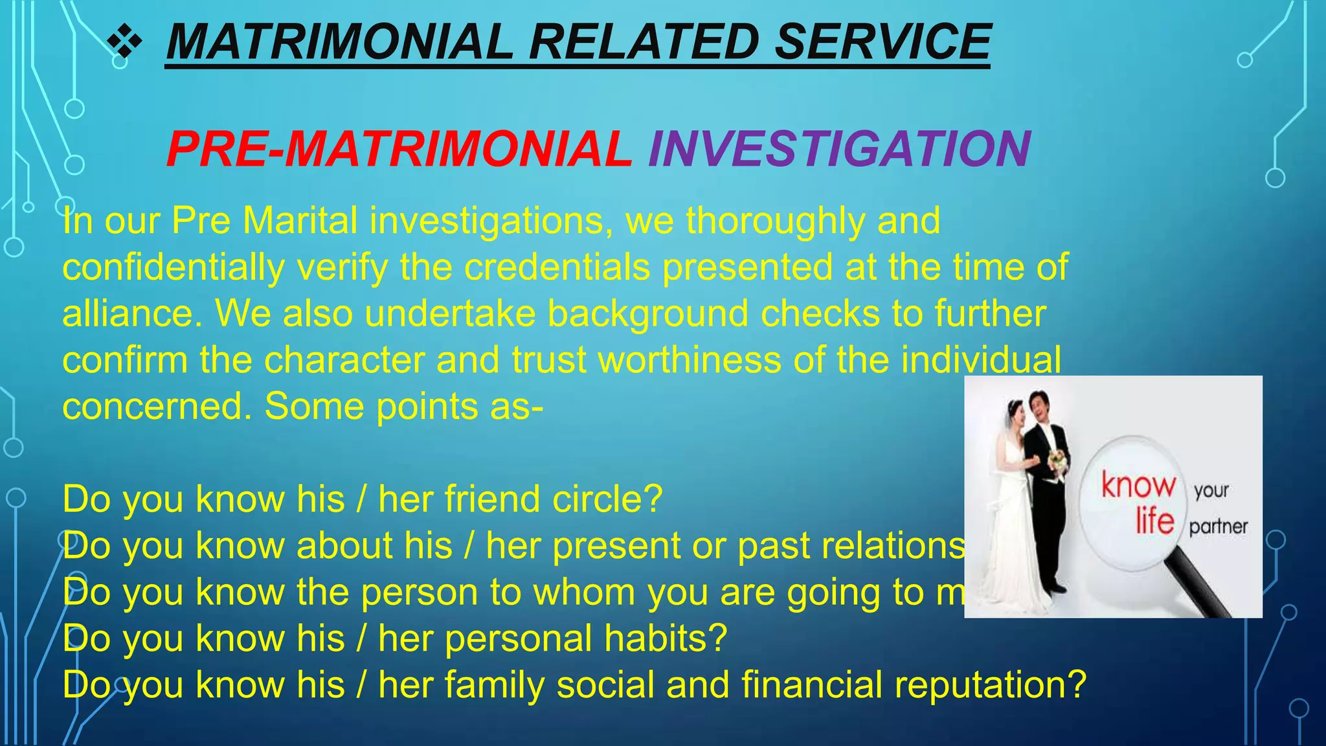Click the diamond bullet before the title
pyautogui.click(x=124, y=43)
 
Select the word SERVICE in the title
pyautogui.click(x=883, y=43)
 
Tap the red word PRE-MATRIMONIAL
pyautogui.click(x=399, y=149)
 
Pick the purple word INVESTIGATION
pyautogui.click(x=839, y=149)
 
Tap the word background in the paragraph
pyautogui.click(x=648, y=314)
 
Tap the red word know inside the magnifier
pyautogui.click(x=1138, y=485)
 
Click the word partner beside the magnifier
pyautogui.click(x=1218, y=526)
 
